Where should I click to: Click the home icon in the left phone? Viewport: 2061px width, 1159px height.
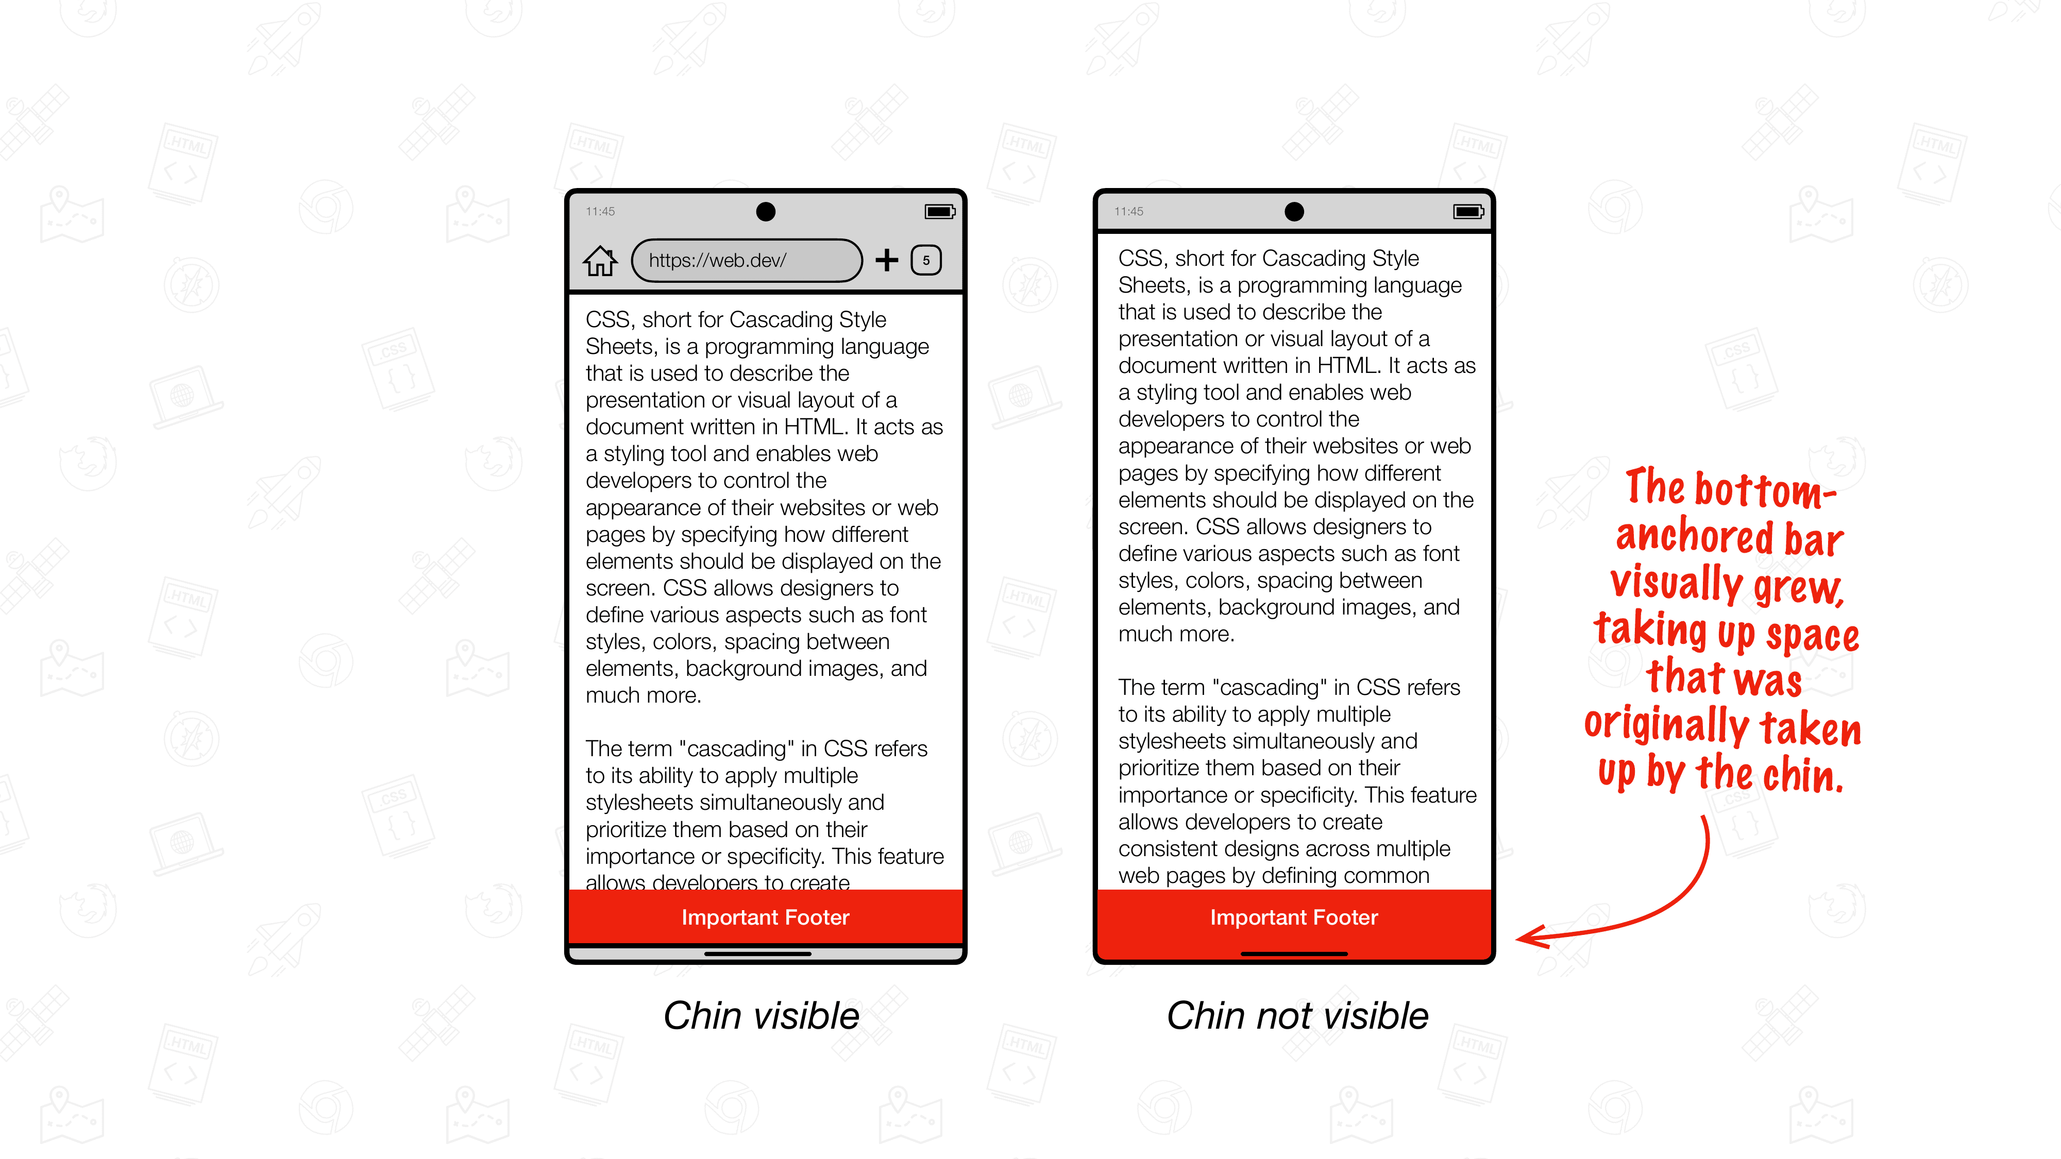coord(600,261)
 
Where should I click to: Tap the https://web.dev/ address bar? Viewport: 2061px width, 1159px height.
coord(746,261)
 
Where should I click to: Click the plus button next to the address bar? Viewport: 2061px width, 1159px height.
coord(886,260)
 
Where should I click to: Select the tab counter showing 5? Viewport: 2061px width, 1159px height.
coord(926,260)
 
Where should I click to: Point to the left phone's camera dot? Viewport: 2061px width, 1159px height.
coord(766,211)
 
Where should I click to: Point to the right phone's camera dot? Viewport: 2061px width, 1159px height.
coord(1294,211)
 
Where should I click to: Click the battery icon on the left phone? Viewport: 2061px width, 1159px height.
coord(939,211)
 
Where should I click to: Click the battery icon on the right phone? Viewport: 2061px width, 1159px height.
coord(1468,211)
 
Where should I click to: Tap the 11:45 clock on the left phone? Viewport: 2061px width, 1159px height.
coord(600,211)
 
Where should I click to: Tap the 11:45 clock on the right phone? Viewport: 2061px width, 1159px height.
coord(1129,211)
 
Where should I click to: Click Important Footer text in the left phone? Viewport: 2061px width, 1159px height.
coord(765,917)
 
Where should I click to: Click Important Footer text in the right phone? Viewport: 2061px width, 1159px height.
coord(1294,917)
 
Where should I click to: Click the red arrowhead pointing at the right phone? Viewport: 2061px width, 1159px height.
coord(1530,936)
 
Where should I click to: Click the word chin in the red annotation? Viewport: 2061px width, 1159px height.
coord(1803,774)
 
